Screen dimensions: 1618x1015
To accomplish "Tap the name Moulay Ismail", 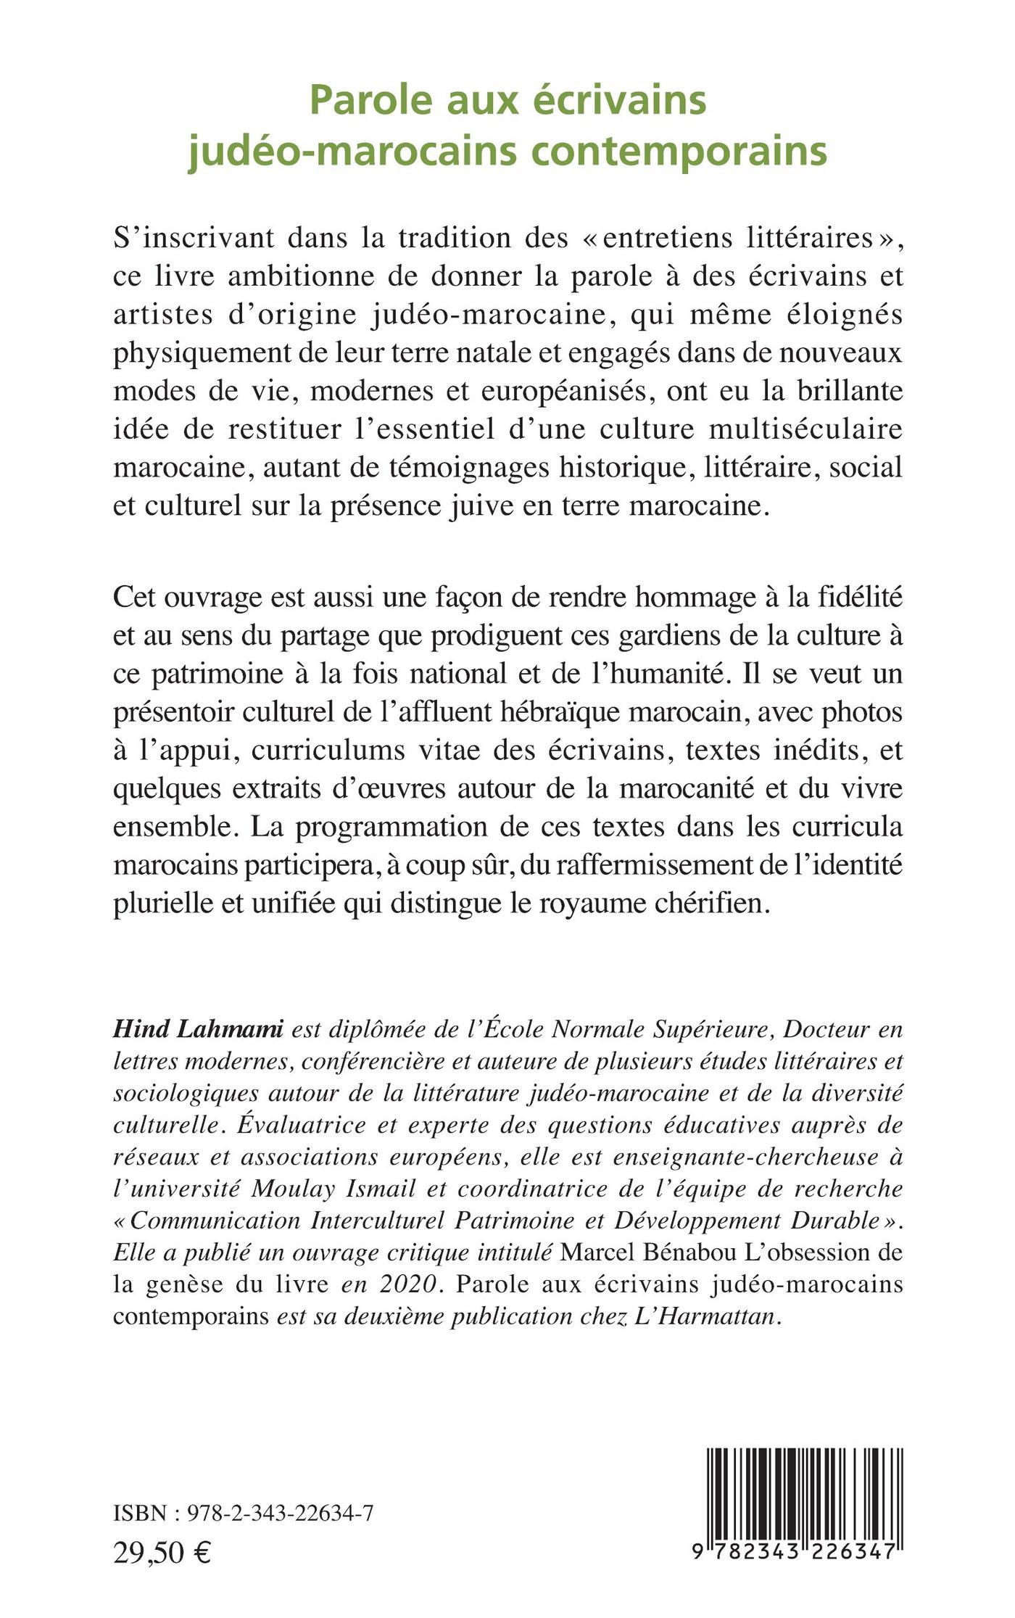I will pos(349,1190).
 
